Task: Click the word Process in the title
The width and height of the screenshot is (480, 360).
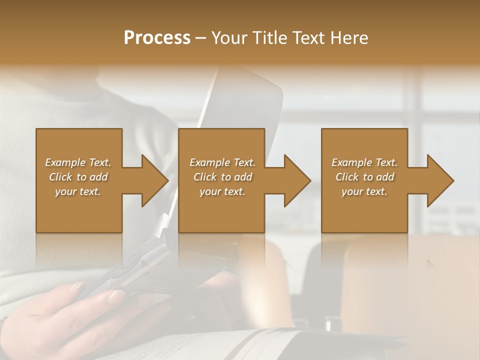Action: tap(157, 38)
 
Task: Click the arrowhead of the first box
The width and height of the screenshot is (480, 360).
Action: tap(152, 180)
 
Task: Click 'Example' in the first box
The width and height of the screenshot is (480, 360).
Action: tap(65, 162)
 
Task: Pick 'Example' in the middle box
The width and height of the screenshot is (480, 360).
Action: tap(209, 162)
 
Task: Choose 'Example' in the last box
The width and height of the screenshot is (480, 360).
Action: tap(351, 162)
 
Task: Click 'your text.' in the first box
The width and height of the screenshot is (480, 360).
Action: tap(78, 191)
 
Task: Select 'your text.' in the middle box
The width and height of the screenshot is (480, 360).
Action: tap(222, 191)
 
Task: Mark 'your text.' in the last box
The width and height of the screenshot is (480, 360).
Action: tap(364, 191)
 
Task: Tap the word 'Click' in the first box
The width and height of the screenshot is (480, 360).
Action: tap(61, 177)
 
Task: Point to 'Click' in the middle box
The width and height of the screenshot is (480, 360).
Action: tap(205, 177)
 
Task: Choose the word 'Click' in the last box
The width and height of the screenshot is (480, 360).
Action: tap(347, 177)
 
